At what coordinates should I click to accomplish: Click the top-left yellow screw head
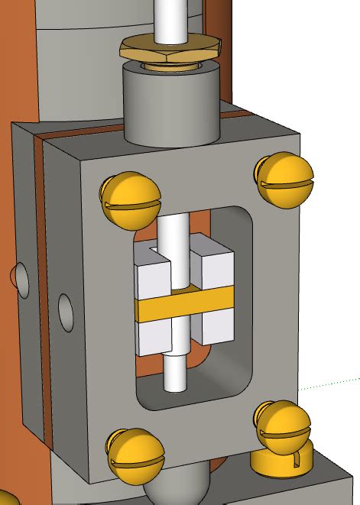pyautogui.click(x=130, y=201)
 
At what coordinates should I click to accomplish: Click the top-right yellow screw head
pyautogui.click(x=284, y=179)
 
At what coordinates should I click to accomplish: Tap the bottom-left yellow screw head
pyautogui.click(x=136, y=458)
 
